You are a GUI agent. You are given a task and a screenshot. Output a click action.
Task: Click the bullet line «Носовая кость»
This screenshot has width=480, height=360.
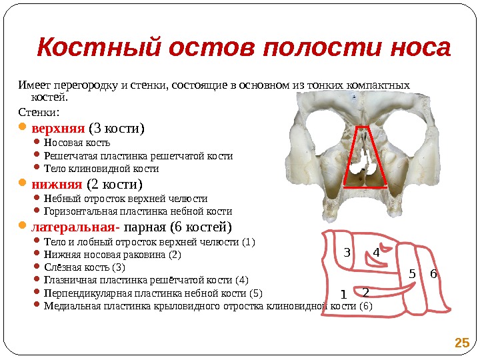[x=77, y=143]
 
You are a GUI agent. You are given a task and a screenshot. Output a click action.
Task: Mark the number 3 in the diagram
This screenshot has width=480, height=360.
[x=347, y=253]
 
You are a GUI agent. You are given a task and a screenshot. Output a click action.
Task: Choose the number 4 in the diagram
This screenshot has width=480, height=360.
[x=376, y=253]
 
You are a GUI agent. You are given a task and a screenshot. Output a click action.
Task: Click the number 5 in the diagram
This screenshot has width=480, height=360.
[x=412, y=273]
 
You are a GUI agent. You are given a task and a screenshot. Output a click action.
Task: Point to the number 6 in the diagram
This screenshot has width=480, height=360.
[x=433, y=273]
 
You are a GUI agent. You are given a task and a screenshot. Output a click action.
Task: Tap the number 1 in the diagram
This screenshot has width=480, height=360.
[x=343, y=294]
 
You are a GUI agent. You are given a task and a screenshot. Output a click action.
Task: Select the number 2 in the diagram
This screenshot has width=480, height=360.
[x=365, y=292]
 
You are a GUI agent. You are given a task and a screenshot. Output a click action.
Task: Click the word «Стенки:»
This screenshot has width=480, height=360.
[x=39, y=111]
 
